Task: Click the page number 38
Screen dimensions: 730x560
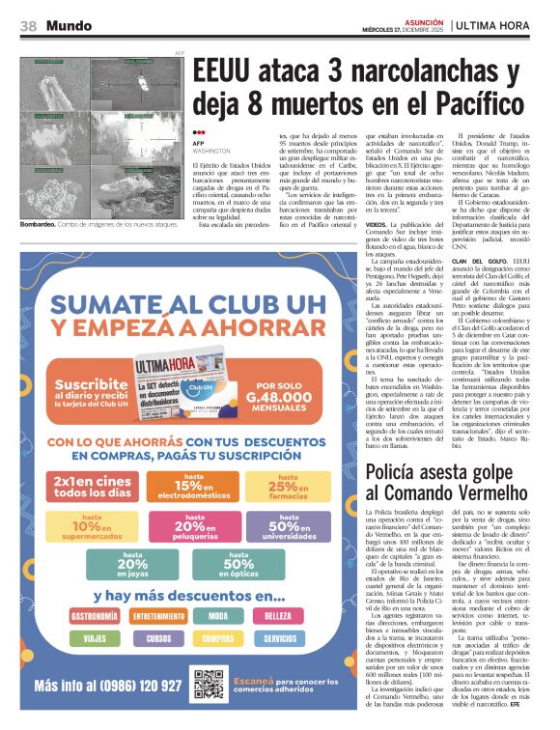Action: (x=28, y=25)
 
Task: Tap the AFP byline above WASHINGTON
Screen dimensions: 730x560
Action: (x=199, y=142)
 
